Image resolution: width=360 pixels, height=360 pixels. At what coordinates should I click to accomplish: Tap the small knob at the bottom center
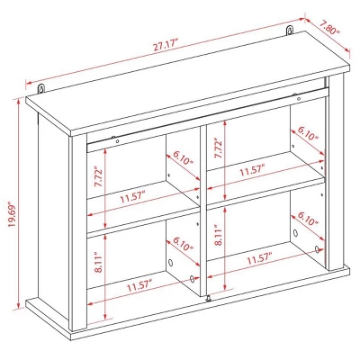coord(208,300)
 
